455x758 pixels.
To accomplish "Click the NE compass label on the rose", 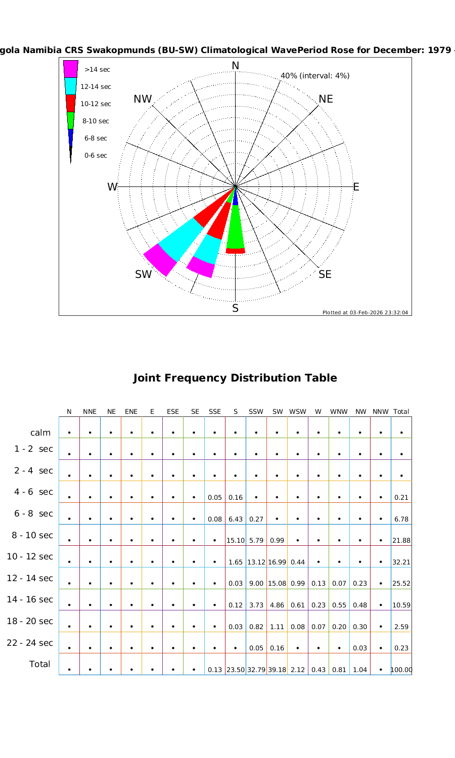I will coord(326,99).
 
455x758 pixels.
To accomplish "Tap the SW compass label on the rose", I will coord(143,274).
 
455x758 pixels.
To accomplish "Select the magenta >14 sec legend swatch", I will coord(71,69).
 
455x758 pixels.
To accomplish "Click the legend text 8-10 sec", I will coord(96,121).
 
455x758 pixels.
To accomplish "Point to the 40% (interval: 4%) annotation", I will coord(315,76).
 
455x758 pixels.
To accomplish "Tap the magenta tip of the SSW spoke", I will coord(201,267).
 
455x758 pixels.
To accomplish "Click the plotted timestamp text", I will coord(365,312).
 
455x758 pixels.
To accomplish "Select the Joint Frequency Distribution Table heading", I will coord(235,378).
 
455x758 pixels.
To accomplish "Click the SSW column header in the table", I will coord(256,412).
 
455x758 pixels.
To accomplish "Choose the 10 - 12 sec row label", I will coord(30,556).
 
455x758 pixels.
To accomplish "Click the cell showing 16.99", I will coord(277,562).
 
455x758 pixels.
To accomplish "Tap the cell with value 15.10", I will coord(236,540).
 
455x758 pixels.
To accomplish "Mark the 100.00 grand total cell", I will coord(401,670).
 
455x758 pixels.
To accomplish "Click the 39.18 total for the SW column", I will coord(277,670).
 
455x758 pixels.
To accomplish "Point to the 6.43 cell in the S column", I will coord(236,519).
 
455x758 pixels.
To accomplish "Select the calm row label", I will coord(40,433).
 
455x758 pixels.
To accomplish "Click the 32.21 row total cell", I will coord(401,562).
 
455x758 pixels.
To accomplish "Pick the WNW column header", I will coord(339,412).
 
